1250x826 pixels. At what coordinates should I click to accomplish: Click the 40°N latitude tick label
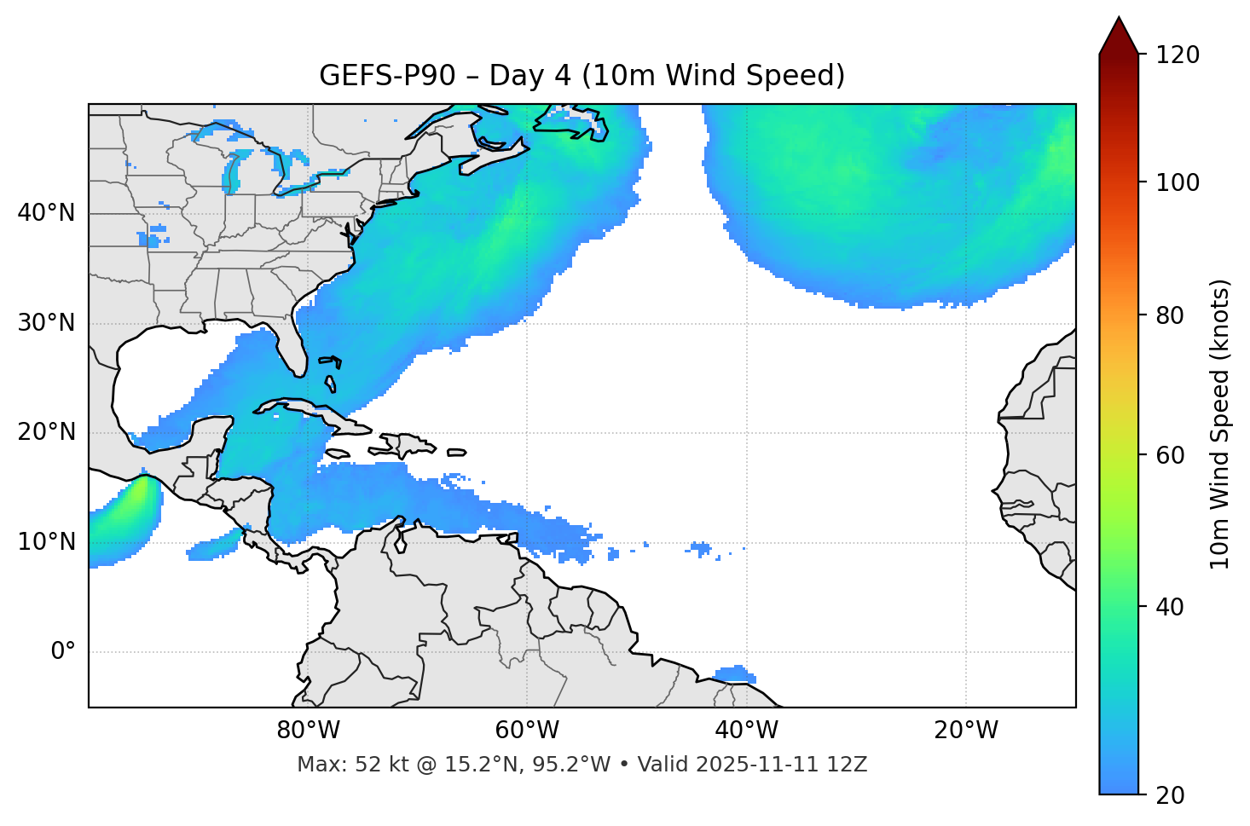[x=46, y=213]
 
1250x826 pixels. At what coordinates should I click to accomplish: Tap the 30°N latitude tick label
[x=46, y=323]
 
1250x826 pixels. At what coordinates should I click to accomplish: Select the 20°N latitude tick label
[x=46, y=432]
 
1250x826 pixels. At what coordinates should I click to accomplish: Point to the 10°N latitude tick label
[x=46, y=542]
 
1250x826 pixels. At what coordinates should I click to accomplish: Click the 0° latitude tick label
[x=63, y=652]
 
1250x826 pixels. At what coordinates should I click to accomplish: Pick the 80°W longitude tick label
[x=308, y=731]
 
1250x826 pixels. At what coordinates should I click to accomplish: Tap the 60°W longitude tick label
[x=527, y=731]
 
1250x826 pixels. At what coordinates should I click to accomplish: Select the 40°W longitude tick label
[x=746, y=731]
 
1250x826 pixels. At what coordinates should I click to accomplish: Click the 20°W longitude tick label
[x=965, y=731]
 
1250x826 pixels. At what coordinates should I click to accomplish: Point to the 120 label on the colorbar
[x=1178, y=55]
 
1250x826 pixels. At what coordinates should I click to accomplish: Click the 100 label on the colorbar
[x=1178, y=182]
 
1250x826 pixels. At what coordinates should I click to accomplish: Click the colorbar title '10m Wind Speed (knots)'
[x=1220, y=424]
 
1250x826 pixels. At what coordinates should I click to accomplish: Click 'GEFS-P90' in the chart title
[x=387, y=76]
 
